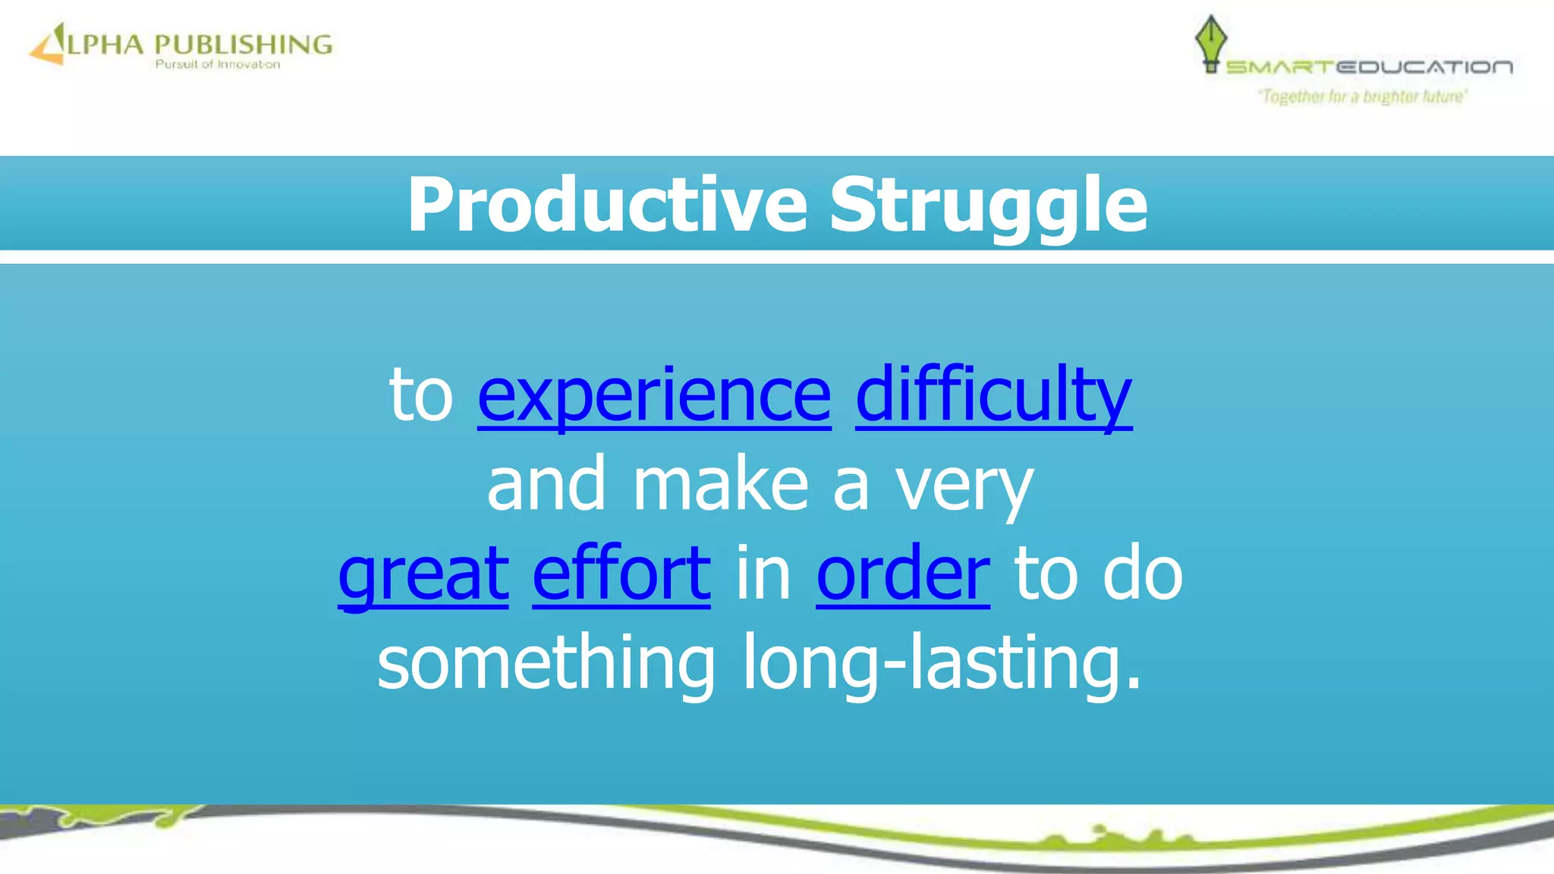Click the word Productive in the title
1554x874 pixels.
click(607, 205)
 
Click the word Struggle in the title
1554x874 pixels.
click(988, 205)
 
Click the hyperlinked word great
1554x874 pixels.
click(423, 574)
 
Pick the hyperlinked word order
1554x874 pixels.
click(903, 574)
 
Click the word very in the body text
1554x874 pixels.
click(964, 486)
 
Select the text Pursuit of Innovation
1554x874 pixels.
click(218, 64)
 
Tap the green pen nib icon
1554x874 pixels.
click(1210, 42)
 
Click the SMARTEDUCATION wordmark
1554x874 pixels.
click(1369, 68)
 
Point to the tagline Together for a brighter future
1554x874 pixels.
click(1363, 96)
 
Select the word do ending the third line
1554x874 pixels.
click(1142, 574)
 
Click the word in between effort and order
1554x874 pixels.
click(763, 574)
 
